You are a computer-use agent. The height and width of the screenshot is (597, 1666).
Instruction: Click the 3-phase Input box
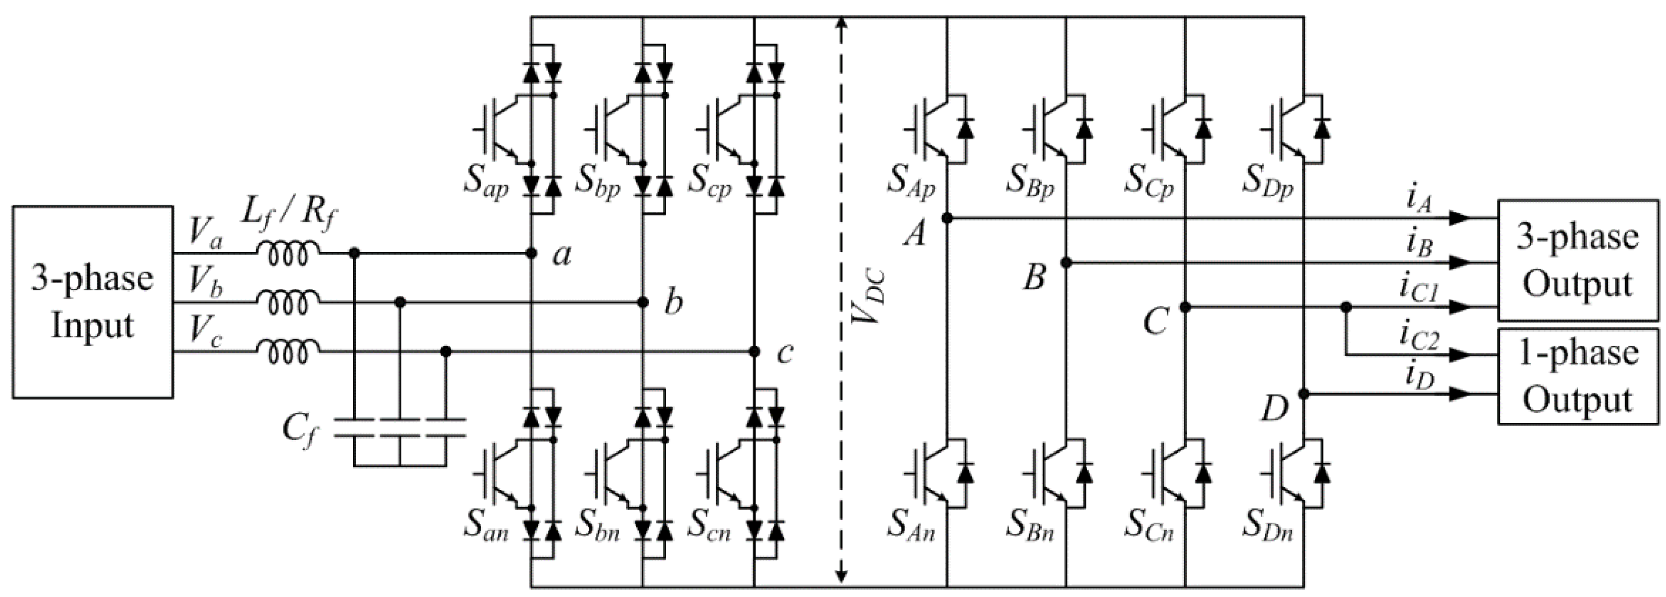92,302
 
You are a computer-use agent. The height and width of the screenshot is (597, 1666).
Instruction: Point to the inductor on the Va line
288,254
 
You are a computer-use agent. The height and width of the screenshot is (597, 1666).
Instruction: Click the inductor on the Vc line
288,352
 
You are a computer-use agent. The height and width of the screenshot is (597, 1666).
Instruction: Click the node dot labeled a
531,253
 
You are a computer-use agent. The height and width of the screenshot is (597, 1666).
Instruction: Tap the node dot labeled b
643,302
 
